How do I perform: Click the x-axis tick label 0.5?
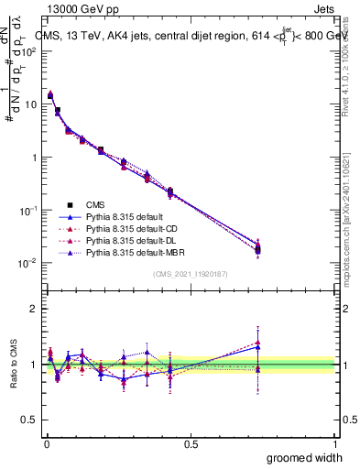pos(191,443)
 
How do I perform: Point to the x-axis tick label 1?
pos(335,443)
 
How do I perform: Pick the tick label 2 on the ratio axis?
pos(33,309)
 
